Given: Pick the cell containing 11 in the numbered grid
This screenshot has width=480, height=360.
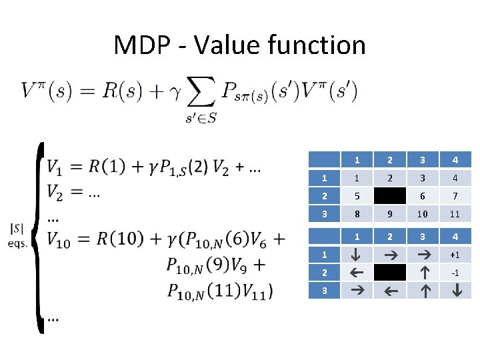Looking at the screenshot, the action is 455,215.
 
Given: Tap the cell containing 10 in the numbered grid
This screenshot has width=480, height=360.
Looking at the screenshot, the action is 423,215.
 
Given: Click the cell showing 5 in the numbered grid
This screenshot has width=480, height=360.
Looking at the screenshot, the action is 357,197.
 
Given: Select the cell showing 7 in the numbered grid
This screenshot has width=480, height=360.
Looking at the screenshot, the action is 455,197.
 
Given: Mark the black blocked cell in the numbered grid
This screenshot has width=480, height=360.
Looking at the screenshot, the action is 390,197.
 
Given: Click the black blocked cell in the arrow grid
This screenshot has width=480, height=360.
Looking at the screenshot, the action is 390,272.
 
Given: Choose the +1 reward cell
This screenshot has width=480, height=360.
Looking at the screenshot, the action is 455,255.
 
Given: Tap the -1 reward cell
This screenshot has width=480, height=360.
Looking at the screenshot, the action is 455,272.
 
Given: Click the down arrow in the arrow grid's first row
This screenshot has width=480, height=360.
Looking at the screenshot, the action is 357,255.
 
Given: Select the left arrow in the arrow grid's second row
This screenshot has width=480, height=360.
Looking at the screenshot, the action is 357,272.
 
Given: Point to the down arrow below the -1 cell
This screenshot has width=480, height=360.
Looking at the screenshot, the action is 455,290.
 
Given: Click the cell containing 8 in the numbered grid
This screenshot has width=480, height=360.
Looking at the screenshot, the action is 357,215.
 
